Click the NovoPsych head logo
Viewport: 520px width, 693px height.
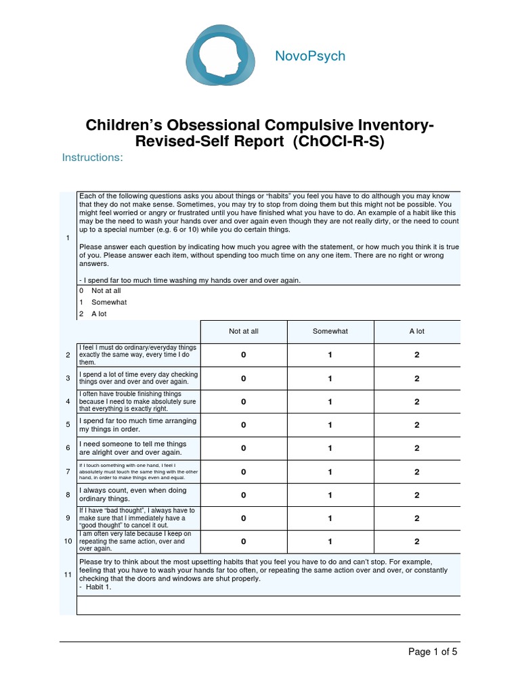(219, 56)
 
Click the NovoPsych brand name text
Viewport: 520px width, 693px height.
(309, 56)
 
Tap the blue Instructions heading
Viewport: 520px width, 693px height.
(93, 158)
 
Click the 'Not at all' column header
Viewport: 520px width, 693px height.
(244, 331)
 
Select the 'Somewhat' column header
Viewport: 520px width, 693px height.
(330, 331)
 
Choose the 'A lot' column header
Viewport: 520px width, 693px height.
(417, 331)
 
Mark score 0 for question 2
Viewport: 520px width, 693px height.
(244, 355)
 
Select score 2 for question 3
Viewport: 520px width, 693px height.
(417, 379)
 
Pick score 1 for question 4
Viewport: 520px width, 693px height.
(330, 402)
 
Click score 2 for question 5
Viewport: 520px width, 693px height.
(417, 425)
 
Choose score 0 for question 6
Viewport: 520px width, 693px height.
(244, 448)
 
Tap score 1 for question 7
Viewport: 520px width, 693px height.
(330, 472)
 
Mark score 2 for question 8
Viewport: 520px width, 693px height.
(417, 495)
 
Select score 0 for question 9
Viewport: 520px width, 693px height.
(244, 518)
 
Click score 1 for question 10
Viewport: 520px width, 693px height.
(330, 541)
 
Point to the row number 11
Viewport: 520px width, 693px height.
(68, 575)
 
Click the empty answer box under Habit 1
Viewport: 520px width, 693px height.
(268, 605)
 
